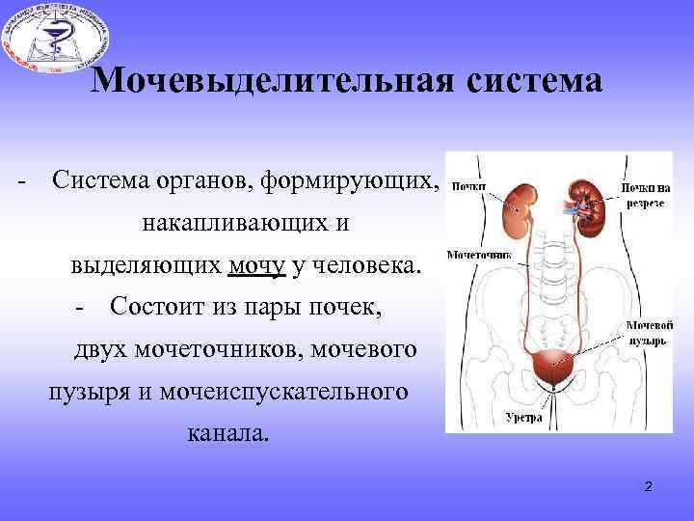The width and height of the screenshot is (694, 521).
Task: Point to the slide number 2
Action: click(649, 485)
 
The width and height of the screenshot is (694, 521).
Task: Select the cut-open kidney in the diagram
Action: click(585, 199)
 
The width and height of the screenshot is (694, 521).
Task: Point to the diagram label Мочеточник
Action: click(479, 257)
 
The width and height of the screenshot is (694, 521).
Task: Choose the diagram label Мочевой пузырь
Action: click(647, 334)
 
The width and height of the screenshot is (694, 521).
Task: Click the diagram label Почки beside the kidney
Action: click(468, 187)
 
